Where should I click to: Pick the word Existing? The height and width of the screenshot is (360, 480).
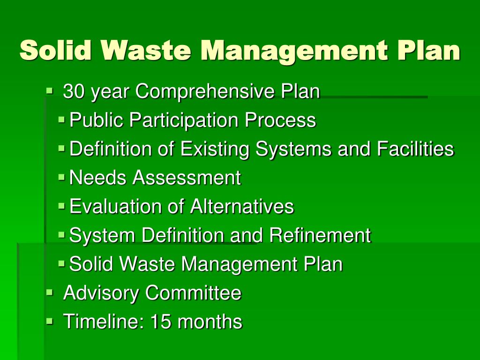coord(215,150)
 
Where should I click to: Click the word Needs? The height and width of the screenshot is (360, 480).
coord(98,178)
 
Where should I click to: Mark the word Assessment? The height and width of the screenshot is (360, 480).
coord(187,178)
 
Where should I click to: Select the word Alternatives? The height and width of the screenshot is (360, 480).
coord(242,207)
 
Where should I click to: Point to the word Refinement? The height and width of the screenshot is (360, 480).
coord(320,235)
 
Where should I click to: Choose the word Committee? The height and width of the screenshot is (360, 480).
coord(193,293)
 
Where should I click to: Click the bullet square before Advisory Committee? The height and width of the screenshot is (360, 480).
coord(50,292)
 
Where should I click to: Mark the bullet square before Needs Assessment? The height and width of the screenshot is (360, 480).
coord(62,177)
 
